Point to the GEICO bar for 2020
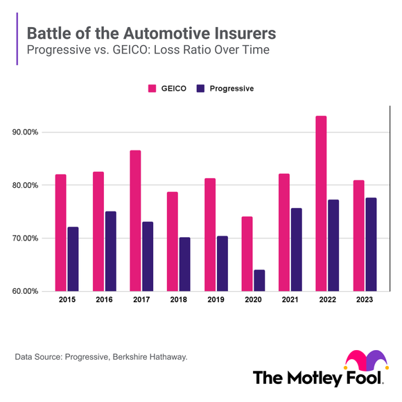point(247,254)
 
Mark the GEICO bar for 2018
point(172,241)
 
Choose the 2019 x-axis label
point(216,300)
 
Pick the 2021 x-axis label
point(290,300)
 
